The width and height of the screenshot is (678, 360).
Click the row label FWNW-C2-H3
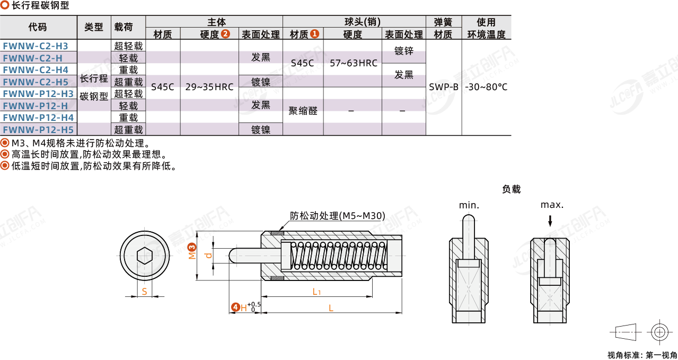[36, 46]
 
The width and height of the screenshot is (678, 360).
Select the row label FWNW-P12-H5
[38, 129]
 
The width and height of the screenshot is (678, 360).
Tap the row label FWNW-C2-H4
[36, 70]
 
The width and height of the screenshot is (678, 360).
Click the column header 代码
[38, 28]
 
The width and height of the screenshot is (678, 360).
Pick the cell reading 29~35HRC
[209, 87]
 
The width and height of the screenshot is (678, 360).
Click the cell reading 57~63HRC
[353, 63]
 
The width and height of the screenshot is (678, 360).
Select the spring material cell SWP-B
[444, 87]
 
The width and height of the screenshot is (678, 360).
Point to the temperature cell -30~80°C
[486, 87]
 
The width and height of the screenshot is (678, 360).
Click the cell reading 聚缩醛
[303, 111]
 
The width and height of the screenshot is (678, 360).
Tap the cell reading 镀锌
[404, 51]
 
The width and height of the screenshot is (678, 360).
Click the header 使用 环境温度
[486, 28]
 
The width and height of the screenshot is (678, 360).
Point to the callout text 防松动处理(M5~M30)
[337, 216]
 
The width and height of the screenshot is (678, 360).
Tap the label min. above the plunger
[469, 205]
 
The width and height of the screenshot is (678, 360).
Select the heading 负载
[511, 189]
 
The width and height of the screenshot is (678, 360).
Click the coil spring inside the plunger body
[337, 257]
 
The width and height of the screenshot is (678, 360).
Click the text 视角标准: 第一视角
[642, 355]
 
